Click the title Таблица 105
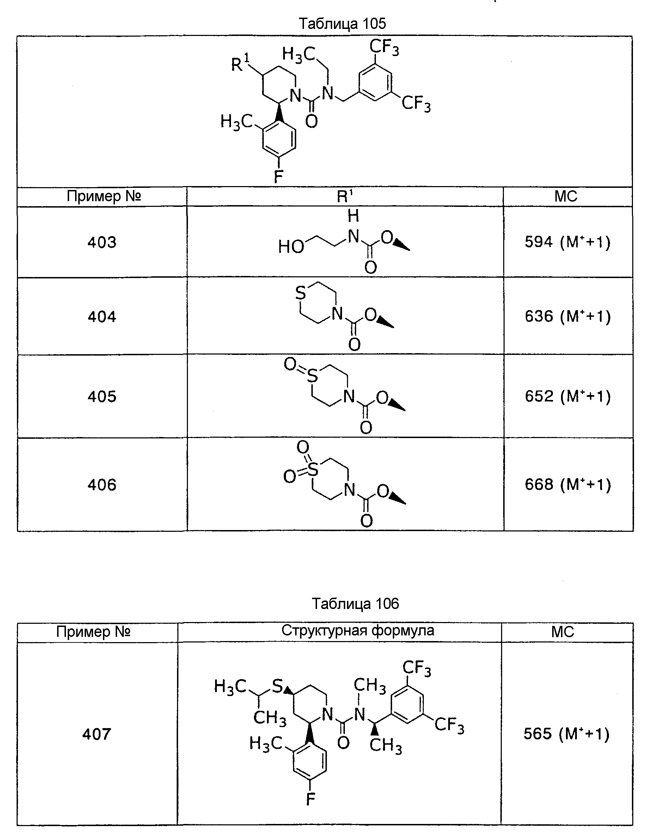coord(342,24)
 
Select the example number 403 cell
coord(102,242)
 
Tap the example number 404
coord(102,316)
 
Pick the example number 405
coord(102,396)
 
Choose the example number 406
coord(102,485)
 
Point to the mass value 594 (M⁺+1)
coord(567,242)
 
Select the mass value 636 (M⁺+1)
coord(567,316)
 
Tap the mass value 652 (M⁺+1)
coord(567,396)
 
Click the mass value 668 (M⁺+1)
coord(567,485)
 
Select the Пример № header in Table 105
coord(104,196)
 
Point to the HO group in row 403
coord(291,246)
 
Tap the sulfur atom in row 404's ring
coord(300,294)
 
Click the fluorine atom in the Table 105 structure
coord(278,177)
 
